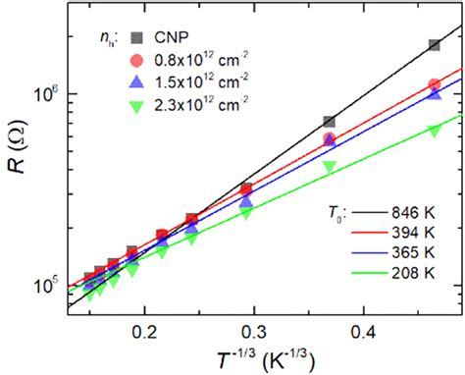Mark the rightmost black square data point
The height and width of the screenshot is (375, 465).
point(435,45)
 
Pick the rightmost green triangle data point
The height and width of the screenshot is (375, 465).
point(435,131)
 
